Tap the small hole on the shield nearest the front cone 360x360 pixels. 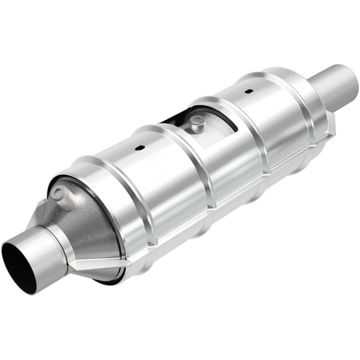point(139,149)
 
